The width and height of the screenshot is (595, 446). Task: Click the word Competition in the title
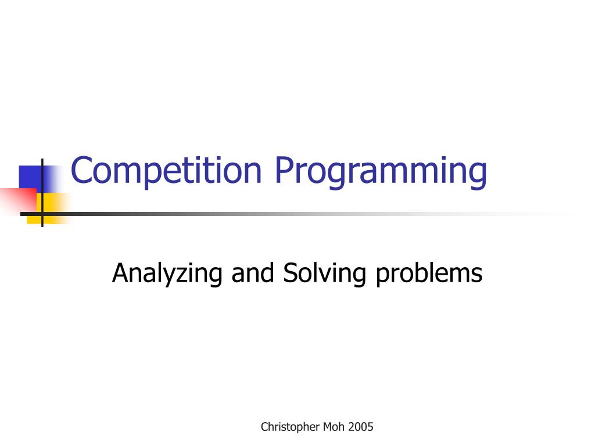(x=166, y=171)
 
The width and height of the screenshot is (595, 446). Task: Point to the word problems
(x=429, y=274)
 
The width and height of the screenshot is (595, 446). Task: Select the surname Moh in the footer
(x=335, y=427)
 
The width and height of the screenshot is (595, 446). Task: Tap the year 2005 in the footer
(x=362, y=427)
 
